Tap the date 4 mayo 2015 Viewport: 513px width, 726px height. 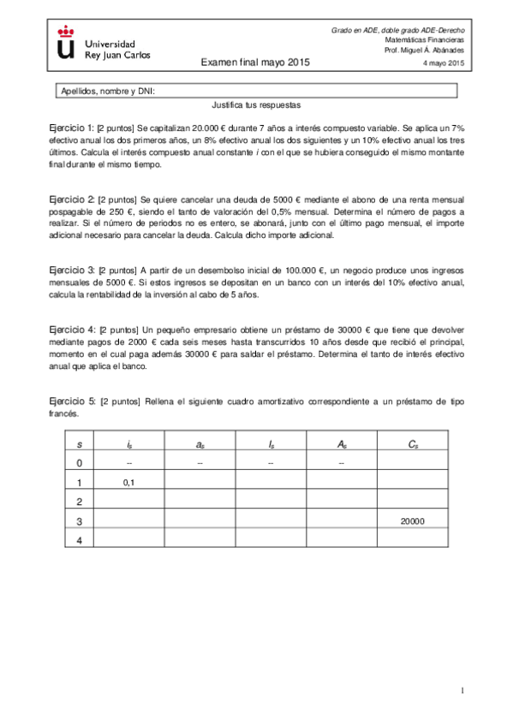click(444, 63)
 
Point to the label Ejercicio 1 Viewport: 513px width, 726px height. click(71, 127)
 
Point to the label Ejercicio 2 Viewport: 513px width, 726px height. click(71, 199)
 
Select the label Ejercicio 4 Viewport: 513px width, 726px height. click(71, 329)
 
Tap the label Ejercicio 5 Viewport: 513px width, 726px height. click(71, 401)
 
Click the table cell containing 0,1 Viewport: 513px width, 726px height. click(128, 483)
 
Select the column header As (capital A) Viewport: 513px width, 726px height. click(341, 443)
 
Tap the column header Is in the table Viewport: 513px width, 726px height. click(270, 443)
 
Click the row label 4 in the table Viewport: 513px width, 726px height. click(79, 539)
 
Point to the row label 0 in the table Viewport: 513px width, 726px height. click(79, 463)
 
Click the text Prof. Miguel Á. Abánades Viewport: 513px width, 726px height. click(425, 51)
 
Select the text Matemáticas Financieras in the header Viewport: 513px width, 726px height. click(424, 40)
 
